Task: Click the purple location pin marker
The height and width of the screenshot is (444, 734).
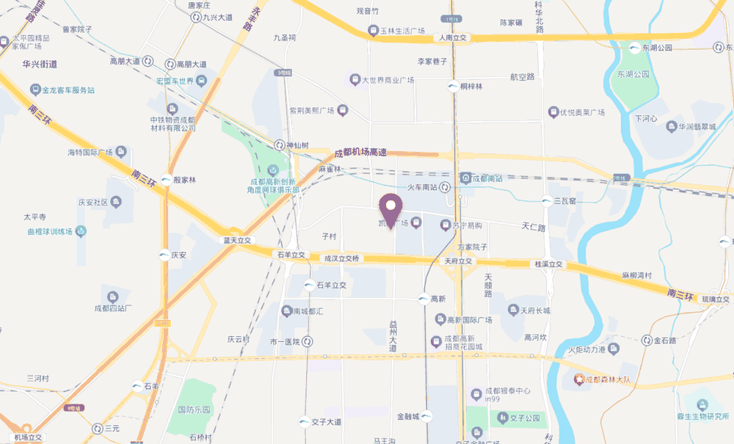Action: point(390,209)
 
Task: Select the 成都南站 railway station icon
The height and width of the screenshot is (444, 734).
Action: point(465,178)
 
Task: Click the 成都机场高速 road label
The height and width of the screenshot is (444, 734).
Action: point(360,152)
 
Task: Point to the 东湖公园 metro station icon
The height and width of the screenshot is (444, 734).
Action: point(636,48)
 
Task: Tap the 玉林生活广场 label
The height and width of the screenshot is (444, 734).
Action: point(402,31)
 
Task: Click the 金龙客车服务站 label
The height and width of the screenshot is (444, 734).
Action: point(68,90)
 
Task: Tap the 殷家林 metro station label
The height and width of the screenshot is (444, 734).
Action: point(185,180)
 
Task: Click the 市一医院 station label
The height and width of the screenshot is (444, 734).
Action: point(286,341)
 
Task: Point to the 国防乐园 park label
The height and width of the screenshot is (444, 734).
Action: point(194,410)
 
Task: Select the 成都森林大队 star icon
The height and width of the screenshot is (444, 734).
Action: point(578,379)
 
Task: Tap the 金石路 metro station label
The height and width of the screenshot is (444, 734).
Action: point(664,340)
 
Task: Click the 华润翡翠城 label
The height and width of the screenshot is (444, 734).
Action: point(696,126)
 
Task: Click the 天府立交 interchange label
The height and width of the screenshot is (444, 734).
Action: point(461,261)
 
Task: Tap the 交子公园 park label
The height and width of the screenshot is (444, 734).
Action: point(526,418)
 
